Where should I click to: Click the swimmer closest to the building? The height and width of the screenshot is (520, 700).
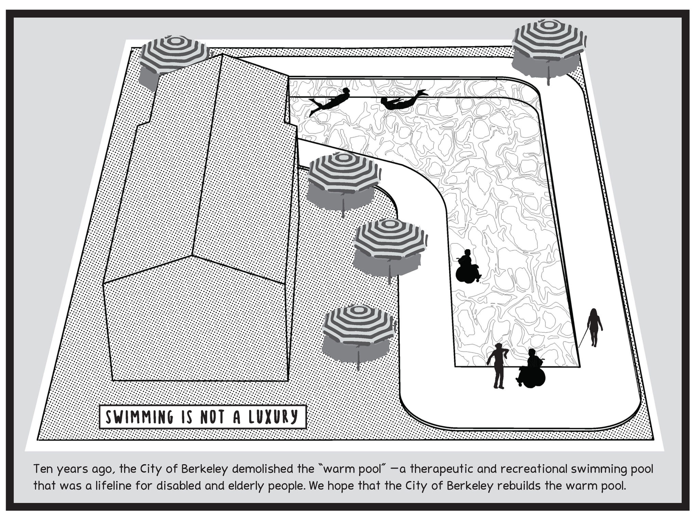click(x=330, y=101)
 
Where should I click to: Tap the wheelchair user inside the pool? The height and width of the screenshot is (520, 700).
click(x=467, y=267)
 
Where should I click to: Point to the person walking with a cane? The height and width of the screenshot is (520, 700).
click(x=595, y=326)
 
